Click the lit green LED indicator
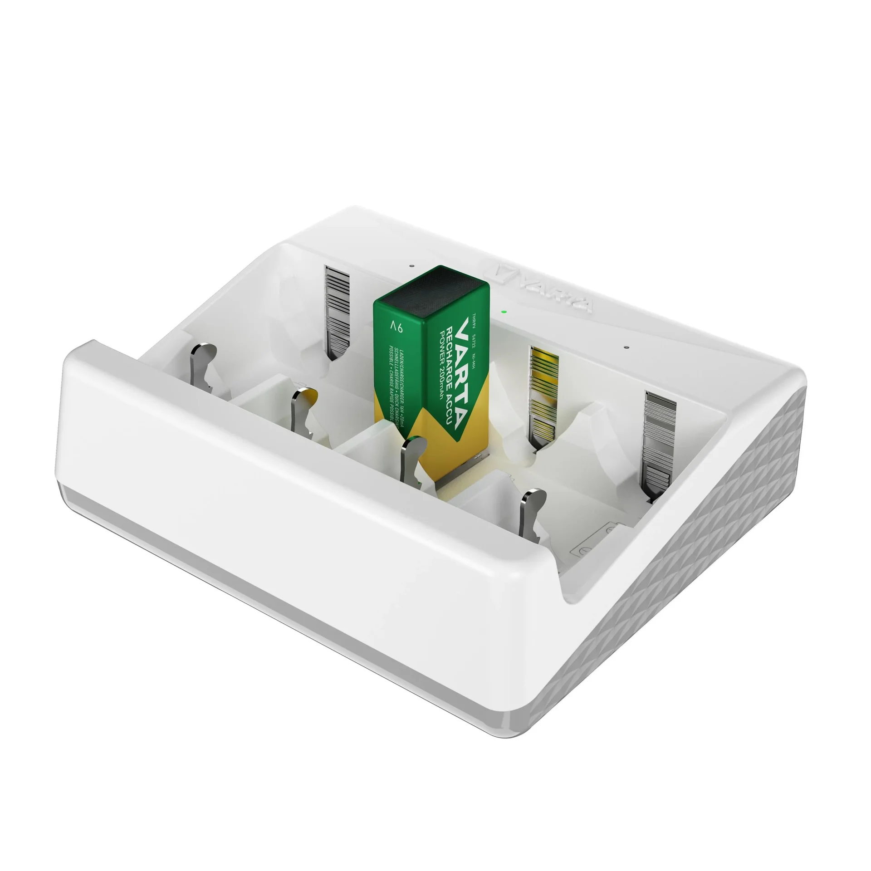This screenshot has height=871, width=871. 503,312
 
